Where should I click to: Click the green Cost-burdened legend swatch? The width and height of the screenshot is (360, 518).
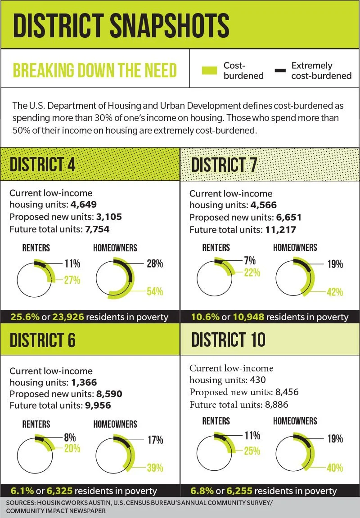tap(209, 70)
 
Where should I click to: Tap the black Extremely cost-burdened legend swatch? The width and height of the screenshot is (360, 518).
tap(280, 70)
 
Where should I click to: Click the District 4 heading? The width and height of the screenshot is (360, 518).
tap(42, 165)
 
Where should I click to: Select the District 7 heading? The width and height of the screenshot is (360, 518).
tap(224, 165)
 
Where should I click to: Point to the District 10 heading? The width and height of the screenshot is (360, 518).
tap(229, 339)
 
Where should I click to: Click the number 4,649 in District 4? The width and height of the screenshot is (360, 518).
tap(83, 205)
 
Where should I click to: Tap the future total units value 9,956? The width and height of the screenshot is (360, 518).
tap(98, 405)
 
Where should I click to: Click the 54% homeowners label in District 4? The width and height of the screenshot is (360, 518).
tap(155, 292)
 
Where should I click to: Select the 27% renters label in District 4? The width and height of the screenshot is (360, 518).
tap(72, 280)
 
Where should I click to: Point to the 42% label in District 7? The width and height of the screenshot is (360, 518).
tap(335, 292)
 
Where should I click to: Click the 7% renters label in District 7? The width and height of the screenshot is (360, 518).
tap(250, 261)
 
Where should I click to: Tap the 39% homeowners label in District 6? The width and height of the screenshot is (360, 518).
tap(155, 468)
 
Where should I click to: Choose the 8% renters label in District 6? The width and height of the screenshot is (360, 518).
tap(70, 438)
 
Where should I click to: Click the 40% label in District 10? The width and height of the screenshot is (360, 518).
tap(335, 468)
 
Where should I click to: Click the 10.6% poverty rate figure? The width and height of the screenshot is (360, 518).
tap(205, 317)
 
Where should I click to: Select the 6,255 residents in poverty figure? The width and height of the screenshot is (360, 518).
tap(239, 491)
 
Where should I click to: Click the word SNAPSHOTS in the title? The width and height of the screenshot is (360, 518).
tap(169, 25)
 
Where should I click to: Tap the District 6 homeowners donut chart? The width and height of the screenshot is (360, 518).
tap(116, 455)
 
